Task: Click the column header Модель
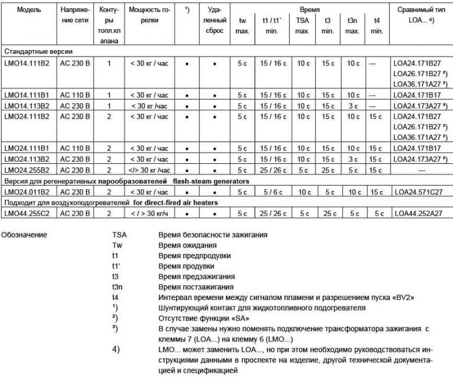(x=29, y=11)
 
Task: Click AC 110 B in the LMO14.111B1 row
(x=75, y=95)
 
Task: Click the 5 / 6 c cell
(x=272, y=192)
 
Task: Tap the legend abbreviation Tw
(x=117, y=245)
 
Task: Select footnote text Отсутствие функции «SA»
(x=200, y=318)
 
